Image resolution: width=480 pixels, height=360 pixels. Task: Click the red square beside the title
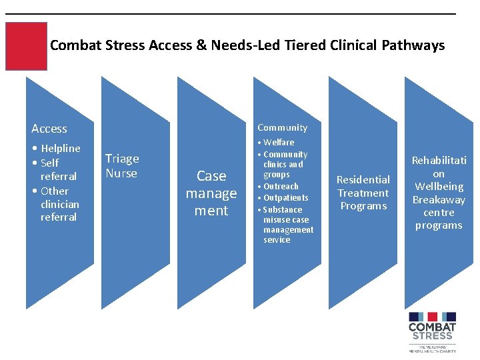click(x=26, y=46)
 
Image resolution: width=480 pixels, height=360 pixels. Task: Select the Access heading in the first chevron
click(x=49, y=129)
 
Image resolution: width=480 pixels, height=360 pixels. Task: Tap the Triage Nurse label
click(x=122, y=166)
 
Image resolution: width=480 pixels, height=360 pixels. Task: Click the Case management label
click(x=211, y=193)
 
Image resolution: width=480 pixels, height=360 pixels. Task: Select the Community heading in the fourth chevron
click(x=282, y=127)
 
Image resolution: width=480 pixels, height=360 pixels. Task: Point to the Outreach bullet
click(x=281, y=186)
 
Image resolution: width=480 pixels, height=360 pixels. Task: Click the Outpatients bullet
click(x=285, y=197)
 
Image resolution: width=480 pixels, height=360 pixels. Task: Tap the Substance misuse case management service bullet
click(x=287, y=225)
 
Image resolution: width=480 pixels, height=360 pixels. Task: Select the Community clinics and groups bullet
click(x=285, y=164)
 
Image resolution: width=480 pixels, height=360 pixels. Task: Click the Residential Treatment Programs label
click(x=363, y=193)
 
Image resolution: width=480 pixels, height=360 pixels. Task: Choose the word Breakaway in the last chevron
click(x=439, y=200)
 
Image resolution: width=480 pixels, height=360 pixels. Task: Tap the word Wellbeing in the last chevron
click(x=439, y=187)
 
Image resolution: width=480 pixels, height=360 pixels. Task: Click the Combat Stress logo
click(x=432, y=331)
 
